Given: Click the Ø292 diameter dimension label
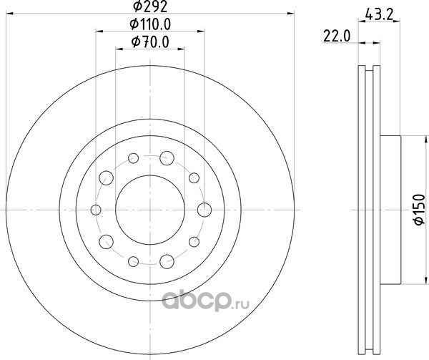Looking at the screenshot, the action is point(150,6).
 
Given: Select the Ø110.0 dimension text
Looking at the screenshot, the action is point(150,24).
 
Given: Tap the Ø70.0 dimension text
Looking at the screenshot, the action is point(150,42).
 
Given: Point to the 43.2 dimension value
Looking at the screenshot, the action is point(379,14).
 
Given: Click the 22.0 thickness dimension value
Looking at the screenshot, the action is point(337,36).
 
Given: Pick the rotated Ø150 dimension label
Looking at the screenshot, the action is point(419,210).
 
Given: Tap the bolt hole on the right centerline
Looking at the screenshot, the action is point(204,210).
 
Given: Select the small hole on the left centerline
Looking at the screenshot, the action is point(96,210).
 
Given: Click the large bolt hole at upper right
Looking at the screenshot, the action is point(167,158).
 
